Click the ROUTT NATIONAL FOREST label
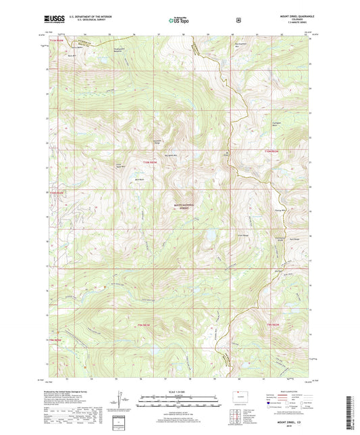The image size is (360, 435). click(180, 207)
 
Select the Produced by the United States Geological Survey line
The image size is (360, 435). click(75, 392)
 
